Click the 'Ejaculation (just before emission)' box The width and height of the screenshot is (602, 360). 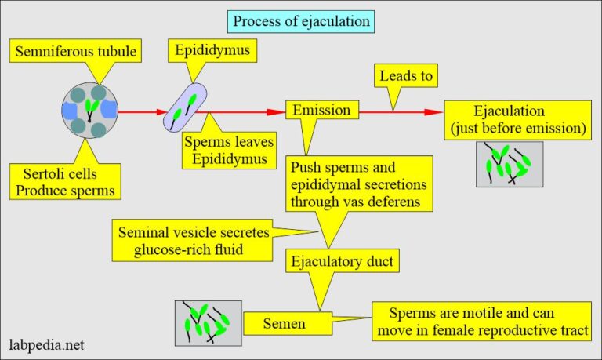tap(518, 119)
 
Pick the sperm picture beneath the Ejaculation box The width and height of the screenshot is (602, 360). tap(509, 163)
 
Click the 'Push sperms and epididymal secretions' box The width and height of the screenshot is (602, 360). tap(359, 185)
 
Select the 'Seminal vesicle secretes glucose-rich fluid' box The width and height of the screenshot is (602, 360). tap(199, 240)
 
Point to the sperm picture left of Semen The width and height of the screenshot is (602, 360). tap(208, 322)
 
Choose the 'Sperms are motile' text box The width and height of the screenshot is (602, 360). tap(481, 322)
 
